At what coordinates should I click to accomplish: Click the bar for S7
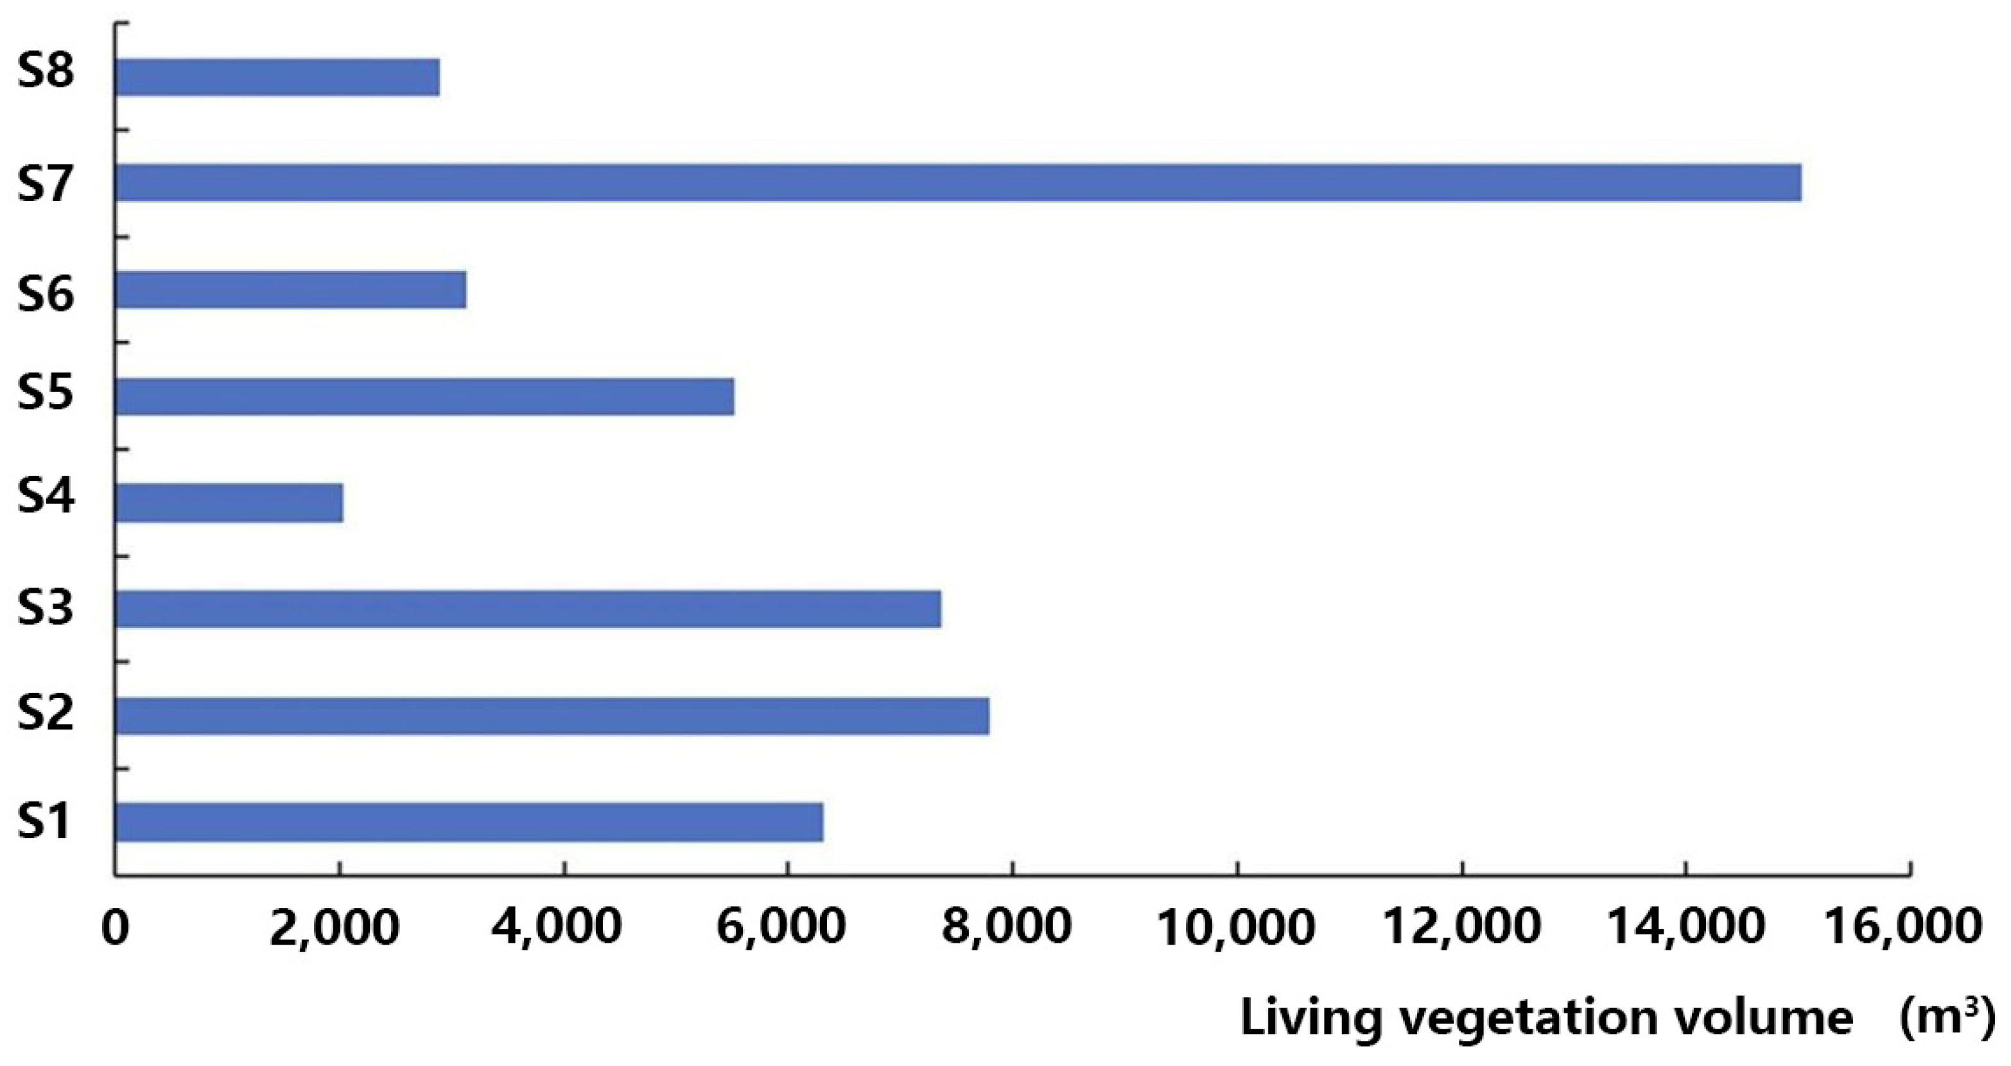pyautogui.click(x=958, y=183)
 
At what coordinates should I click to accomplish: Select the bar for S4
pyautogui.click(x=229, y=503)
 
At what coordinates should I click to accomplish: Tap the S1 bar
pyautogui.click(x=469, y=823)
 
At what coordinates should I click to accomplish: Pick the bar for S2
pyautogui.click(x=552, y=716)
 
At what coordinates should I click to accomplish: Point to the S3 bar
pyautogui.click(x=528, y=609)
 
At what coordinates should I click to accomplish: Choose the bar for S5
pyautogui.click(x=424, y=397)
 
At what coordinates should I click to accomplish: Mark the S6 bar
pyautogui.click(x=290, y=290)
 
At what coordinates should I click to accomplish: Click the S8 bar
pyautogui.click(x=277, y=76)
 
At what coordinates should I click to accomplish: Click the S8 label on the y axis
pyautogui.click(x=46, y=72)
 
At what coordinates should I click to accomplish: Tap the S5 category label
pyautogui.click(x=46, y=392)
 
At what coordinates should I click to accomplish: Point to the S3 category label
pyautogui.click(x=46, y=607)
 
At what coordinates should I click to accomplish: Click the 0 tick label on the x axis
pyautogui.click(x=116, y=927)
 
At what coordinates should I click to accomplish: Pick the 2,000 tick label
pyautogui.click(x=336, y=927)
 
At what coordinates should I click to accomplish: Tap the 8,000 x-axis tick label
pyautogui.click(x=1006, y=927)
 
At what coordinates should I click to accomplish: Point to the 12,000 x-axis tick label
pyautogui.click(x=1461, y=927)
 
